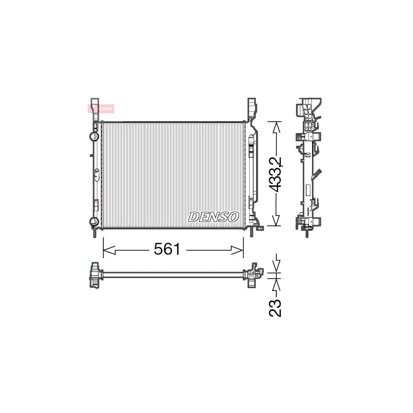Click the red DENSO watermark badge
101,108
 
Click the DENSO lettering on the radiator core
213,217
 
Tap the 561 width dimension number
166,249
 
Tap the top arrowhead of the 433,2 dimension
275,125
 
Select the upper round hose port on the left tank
94,136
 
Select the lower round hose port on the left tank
94,222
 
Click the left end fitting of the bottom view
95,275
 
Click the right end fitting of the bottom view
253,275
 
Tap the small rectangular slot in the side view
306,188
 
